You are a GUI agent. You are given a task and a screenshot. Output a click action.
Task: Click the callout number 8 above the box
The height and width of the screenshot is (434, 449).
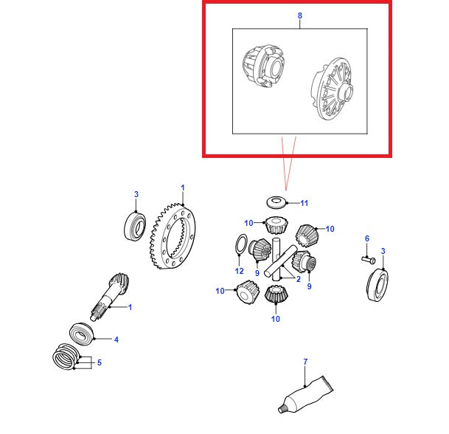click(299, 15)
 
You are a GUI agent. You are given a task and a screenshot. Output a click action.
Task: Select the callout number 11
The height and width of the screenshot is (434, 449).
click(304, 203)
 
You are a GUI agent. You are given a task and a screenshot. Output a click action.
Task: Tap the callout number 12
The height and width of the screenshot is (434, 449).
click(239, 271)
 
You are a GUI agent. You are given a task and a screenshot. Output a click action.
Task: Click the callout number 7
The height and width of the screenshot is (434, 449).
click(305, 362)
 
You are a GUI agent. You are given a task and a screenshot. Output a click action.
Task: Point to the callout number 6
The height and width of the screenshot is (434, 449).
click(367, 238)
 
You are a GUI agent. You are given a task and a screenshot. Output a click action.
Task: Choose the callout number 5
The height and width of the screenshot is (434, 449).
click(100, 362)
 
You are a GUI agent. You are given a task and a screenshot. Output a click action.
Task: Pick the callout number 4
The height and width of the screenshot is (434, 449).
click(116, 340)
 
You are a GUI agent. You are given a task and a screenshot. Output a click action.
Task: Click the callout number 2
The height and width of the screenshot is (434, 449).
click(299, 279)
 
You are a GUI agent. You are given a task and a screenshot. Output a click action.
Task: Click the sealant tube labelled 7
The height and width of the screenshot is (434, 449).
click(305, 395)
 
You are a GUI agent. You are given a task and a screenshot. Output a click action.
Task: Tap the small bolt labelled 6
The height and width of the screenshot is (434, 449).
click(368, 260)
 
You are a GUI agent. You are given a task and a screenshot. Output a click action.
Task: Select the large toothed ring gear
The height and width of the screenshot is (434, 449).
click(173, 236)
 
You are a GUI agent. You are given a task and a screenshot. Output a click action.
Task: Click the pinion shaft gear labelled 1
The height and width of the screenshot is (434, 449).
click(110, 297)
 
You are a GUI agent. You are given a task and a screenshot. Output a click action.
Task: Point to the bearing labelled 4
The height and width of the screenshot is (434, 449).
click(82, 334)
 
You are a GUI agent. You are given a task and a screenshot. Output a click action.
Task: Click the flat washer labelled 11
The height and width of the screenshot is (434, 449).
click(276, 202)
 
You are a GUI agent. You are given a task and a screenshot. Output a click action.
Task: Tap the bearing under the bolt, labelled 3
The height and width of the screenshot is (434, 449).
click(377, 285)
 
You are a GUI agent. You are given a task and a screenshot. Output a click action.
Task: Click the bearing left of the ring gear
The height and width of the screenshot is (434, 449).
click(135, 226)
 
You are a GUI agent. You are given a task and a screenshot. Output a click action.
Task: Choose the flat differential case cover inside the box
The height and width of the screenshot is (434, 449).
click(333, 89)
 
